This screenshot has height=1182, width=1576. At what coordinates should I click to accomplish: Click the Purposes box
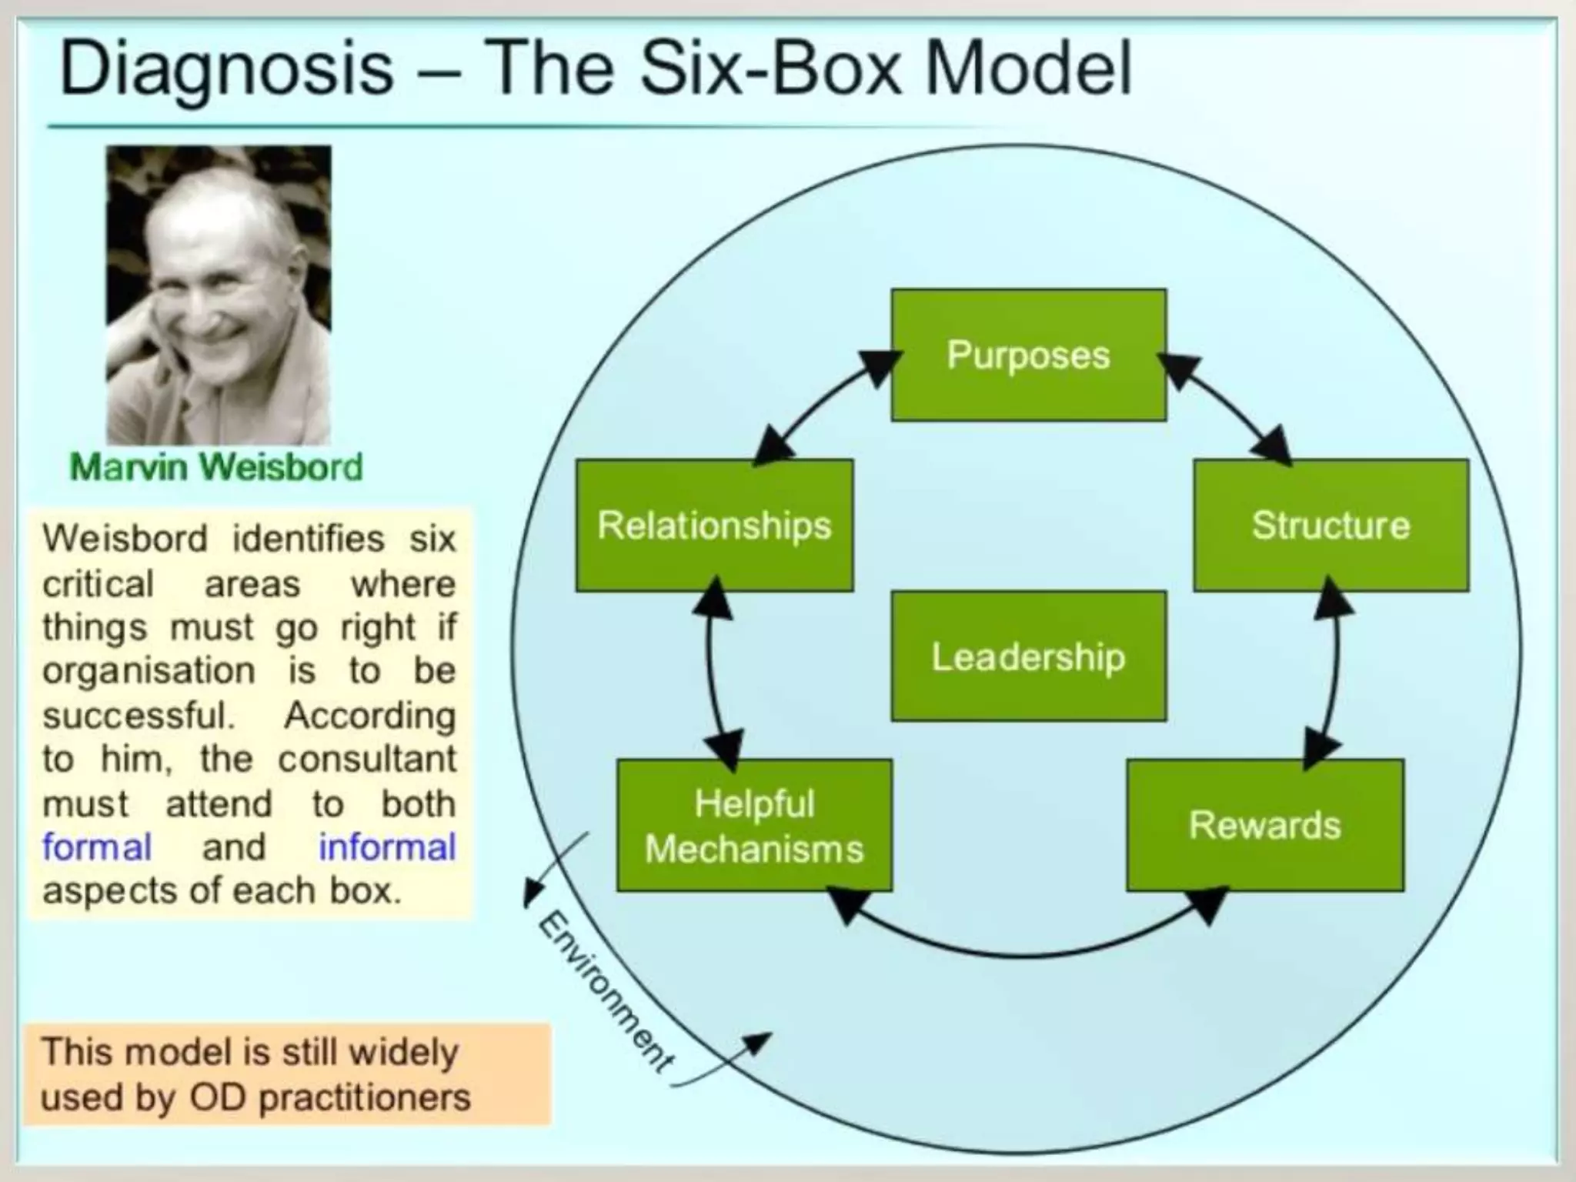1028,355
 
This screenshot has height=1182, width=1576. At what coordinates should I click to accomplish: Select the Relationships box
714,526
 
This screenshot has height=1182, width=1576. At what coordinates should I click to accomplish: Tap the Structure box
1331,526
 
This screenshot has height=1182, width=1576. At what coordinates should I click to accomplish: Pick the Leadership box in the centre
1028,656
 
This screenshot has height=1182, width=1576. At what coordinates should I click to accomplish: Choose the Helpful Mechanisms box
754,826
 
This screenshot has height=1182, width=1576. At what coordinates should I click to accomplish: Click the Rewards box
1264,826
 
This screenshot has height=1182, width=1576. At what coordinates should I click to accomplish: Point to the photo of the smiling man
219,295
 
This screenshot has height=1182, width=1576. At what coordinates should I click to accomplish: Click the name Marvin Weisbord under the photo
216,467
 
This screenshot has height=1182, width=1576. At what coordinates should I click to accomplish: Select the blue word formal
97,847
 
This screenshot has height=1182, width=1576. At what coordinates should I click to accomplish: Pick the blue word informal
387,847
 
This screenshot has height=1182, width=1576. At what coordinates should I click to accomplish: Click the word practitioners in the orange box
364,1097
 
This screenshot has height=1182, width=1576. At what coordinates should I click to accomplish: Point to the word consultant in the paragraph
367,760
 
